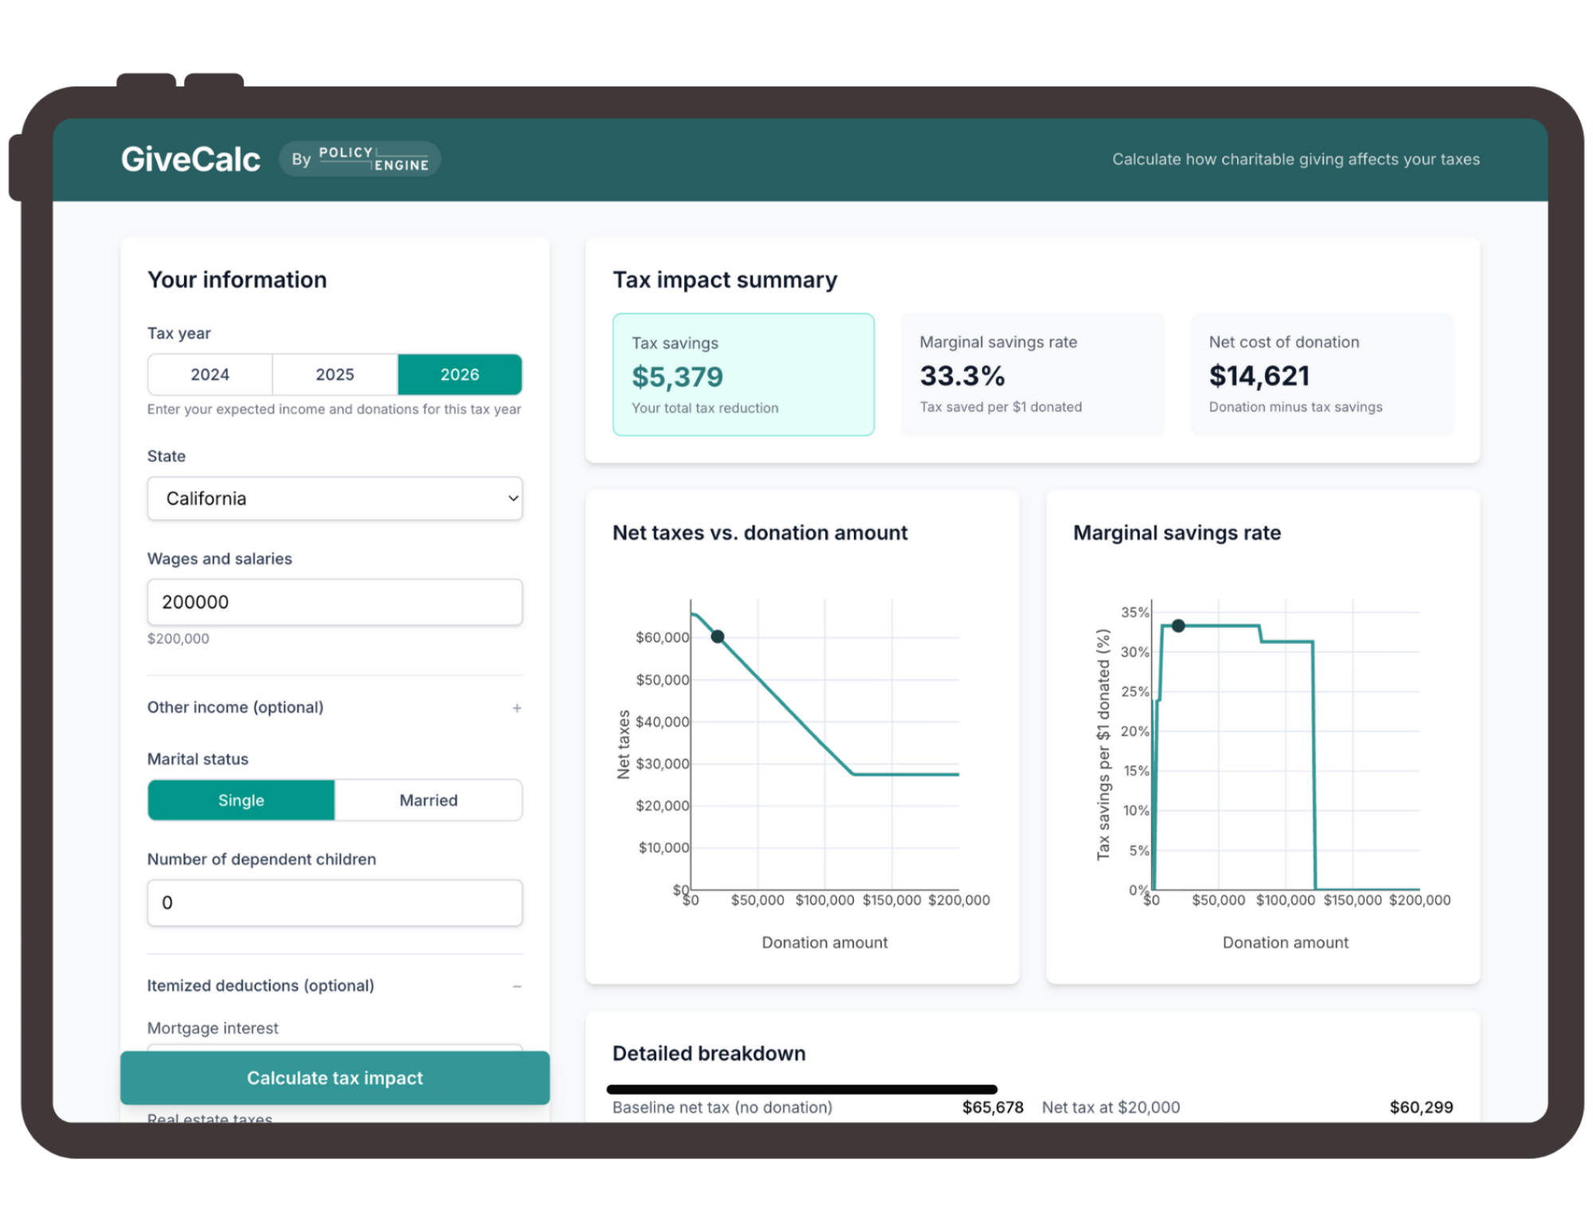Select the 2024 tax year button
click(209, 374)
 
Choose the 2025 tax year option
click(335, 374)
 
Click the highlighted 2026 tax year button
click(460, 374)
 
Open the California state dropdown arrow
click(513, 498)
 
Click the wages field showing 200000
click(335, 602)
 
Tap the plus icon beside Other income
click(517, 708)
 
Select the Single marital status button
click(241, 800)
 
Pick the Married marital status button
click(429, 800)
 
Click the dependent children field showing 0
click(335, 903)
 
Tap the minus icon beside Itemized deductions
click(517, 986)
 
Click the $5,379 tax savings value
click(677, 377)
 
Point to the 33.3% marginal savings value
click(962, 376)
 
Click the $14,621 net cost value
click(1259, 376)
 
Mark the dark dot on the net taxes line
click(718, 636)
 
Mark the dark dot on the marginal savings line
click(1178, 626)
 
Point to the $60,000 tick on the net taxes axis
click(662, 638)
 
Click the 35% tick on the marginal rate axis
click(1135, 612)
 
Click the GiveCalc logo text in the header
click(190, 159)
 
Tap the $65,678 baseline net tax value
click(992, 1107)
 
